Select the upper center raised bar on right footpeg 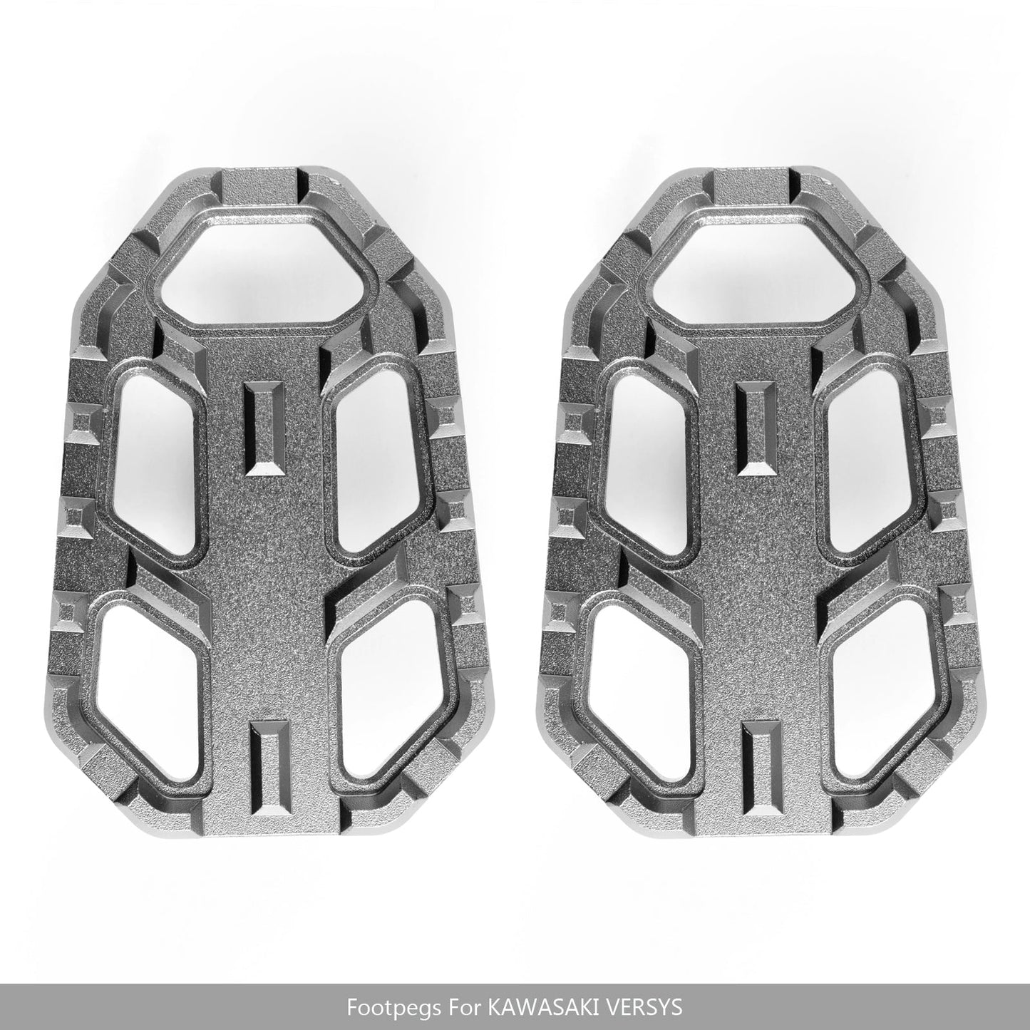tap(756, 428)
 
